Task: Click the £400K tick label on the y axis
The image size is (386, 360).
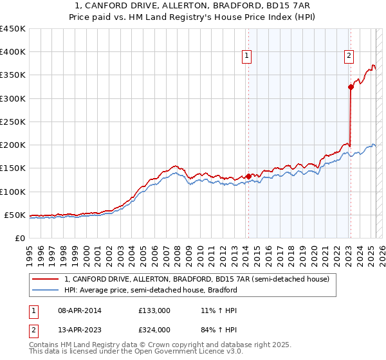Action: coord(13,52)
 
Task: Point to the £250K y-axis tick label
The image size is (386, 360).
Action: coord(13,122)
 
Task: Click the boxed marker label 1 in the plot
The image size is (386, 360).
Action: coord(248,57)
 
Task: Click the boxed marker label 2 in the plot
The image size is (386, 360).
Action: coord(349,57)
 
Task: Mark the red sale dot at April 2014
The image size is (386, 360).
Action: coord(248,176)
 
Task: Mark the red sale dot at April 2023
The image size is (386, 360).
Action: coord(351,87)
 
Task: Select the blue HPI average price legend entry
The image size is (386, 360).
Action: coord(151,290)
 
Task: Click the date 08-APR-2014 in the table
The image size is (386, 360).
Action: coord(79,310)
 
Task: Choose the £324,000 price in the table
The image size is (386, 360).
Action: coord(154,330)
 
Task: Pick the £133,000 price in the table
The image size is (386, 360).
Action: coord(154,310)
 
